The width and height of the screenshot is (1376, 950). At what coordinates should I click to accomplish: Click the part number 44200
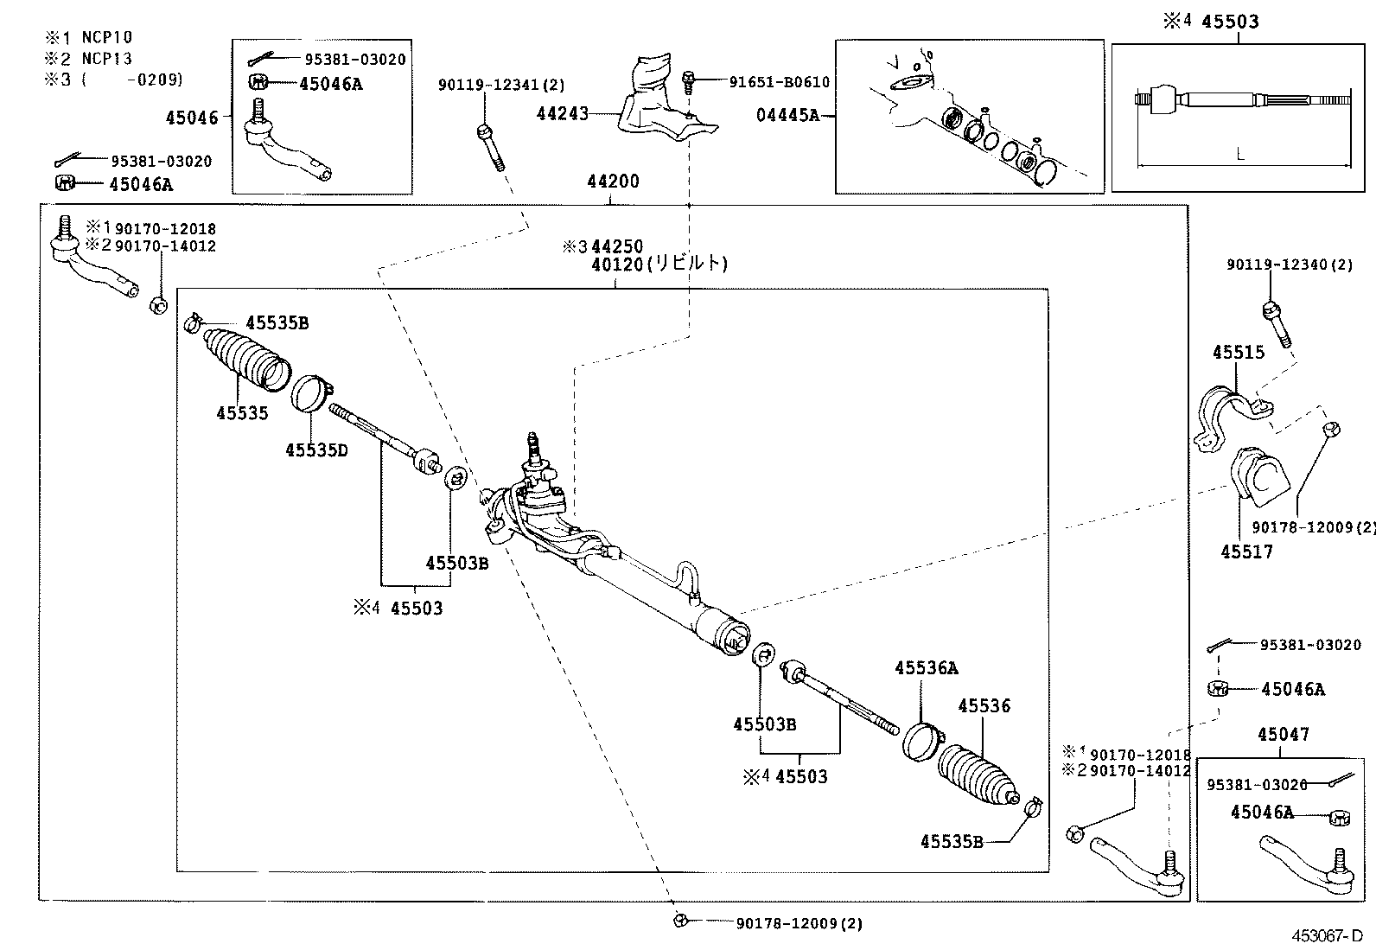613,182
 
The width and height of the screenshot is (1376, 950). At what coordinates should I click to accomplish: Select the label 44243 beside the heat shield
562,114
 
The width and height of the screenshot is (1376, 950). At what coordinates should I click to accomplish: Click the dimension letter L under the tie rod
1240,155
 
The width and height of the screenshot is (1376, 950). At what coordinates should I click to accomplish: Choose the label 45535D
316,449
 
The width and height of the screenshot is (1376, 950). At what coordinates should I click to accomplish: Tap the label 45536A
926,668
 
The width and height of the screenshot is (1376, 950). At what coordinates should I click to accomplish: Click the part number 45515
1238,352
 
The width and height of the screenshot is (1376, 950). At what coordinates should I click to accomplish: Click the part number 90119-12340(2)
1289,265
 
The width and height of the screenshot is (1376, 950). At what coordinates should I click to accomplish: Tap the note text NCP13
107,58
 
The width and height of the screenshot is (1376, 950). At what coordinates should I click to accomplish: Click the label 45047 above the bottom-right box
1283,735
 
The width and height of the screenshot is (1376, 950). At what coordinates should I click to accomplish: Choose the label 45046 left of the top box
192,118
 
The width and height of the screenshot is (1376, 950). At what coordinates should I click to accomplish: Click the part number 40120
617,265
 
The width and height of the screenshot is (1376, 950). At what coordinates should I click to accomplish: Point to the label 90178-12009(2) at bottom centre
799,923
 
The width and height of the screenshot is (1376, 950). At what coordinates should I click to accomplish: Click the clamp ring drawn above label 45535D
311,394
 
